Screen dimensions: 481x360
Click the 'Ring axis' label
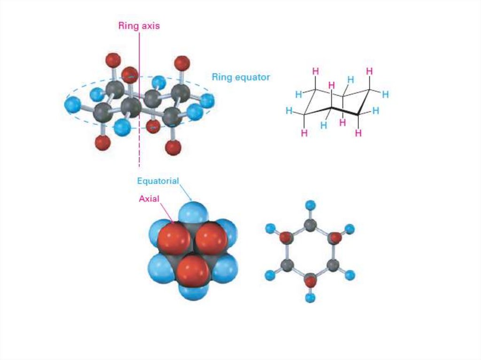point(139,26)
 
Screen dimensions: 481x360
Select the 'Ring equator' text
point(240,77)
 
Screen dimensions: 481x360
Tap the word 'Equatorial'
point(158,181)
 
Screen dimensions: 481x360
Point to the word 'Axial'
point(149,199)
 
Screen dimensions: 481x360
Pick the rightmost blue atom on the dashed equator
point(206,100)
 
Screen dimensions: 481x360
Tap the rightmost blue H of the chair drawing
point(385,94)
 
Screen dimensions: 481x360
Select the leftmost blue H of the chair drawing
point(289,111)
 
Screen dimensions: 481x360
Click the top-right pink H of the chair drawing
point(370,71)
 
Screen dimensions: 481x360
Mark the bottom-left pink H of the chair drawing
point(304,133)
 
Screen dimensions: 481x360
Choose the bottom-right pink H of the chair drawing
point(358,133)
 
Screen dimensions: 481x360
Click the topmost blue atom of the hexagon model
point(310,205)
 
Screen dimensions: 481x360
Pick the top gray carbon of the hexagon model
point(310,225)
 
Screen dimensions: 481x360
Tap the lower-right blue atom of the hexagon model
point(349,275)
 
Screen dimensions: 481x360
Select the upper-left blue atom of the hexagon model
point(270,229)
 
